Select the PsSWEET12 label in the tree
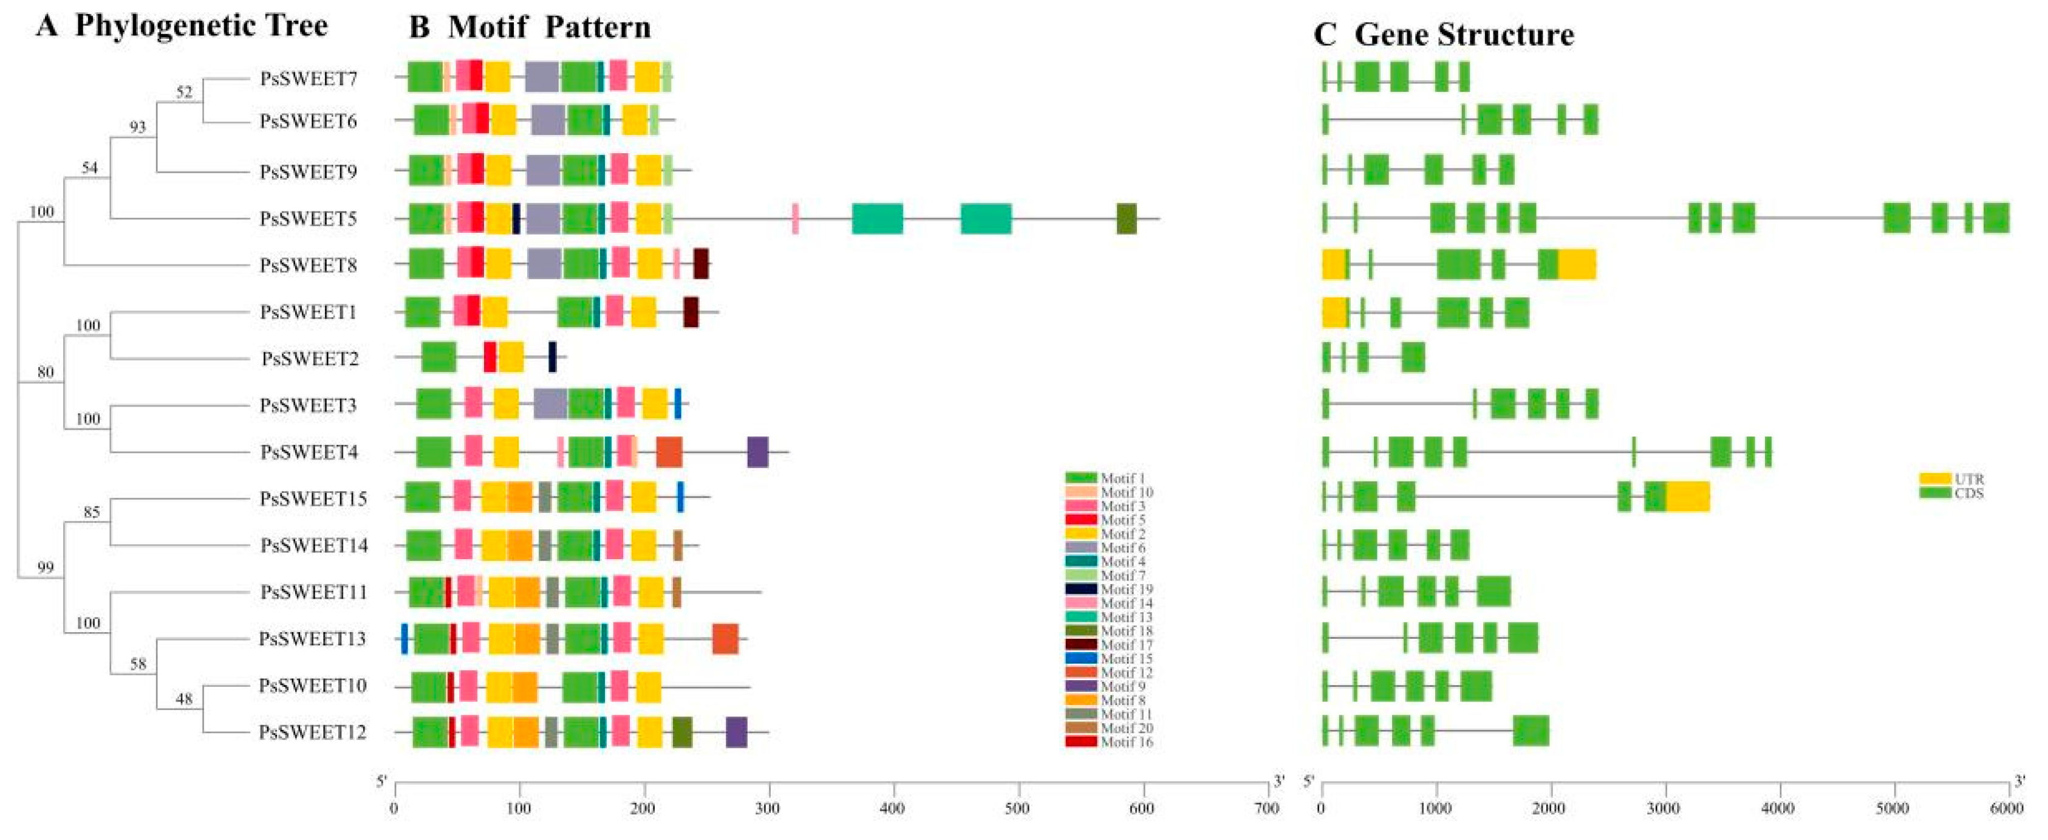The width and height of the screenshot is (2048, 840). pyautogui.click(x=312, y=732)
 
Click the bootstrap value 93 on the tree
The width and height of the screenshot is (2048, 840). pyautogui.click(x=137, y=127)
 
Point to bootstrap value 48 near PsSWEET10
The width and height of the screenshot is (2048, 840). pyautogui.click(x=183, y=699)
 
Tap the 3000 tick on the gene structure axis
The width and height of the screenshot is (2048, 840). pyautogui.click(x=1665, y=809)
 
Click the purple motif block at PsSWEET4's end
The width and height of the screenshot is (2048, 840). pyautogui.click(x=757, y=452)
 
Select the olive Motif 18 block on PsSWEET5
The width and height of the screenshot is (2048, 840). pyautogui.click(x=1127, y=218)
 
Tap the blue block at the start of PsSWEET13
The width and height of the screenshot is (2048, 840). pyautogui.click(x=404, y=639)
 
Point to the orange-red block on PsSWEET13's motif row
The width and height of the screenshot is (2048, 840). pyautogui.click(x=725, y=639)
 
